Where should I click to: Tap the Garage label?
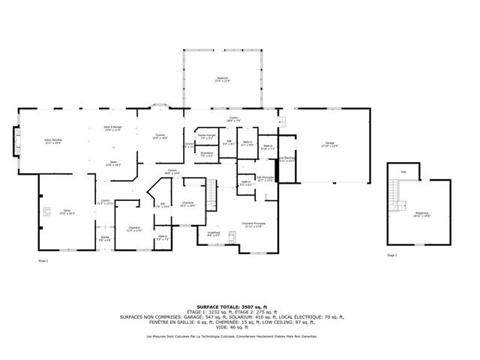coord(329,144)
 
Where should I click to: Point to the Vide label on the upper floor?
coord(403,172)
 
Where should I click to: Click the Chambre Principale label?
coord(253,224)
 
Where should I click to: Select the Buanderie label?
coord(206,154)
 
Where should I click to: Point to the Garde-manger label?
coord(206,136)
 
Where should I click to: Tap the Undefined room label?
coord(214,234)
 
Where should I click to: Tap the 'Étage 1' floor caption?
coord(43,260)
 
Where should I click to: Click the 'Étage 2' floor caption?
coord(391,256)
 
